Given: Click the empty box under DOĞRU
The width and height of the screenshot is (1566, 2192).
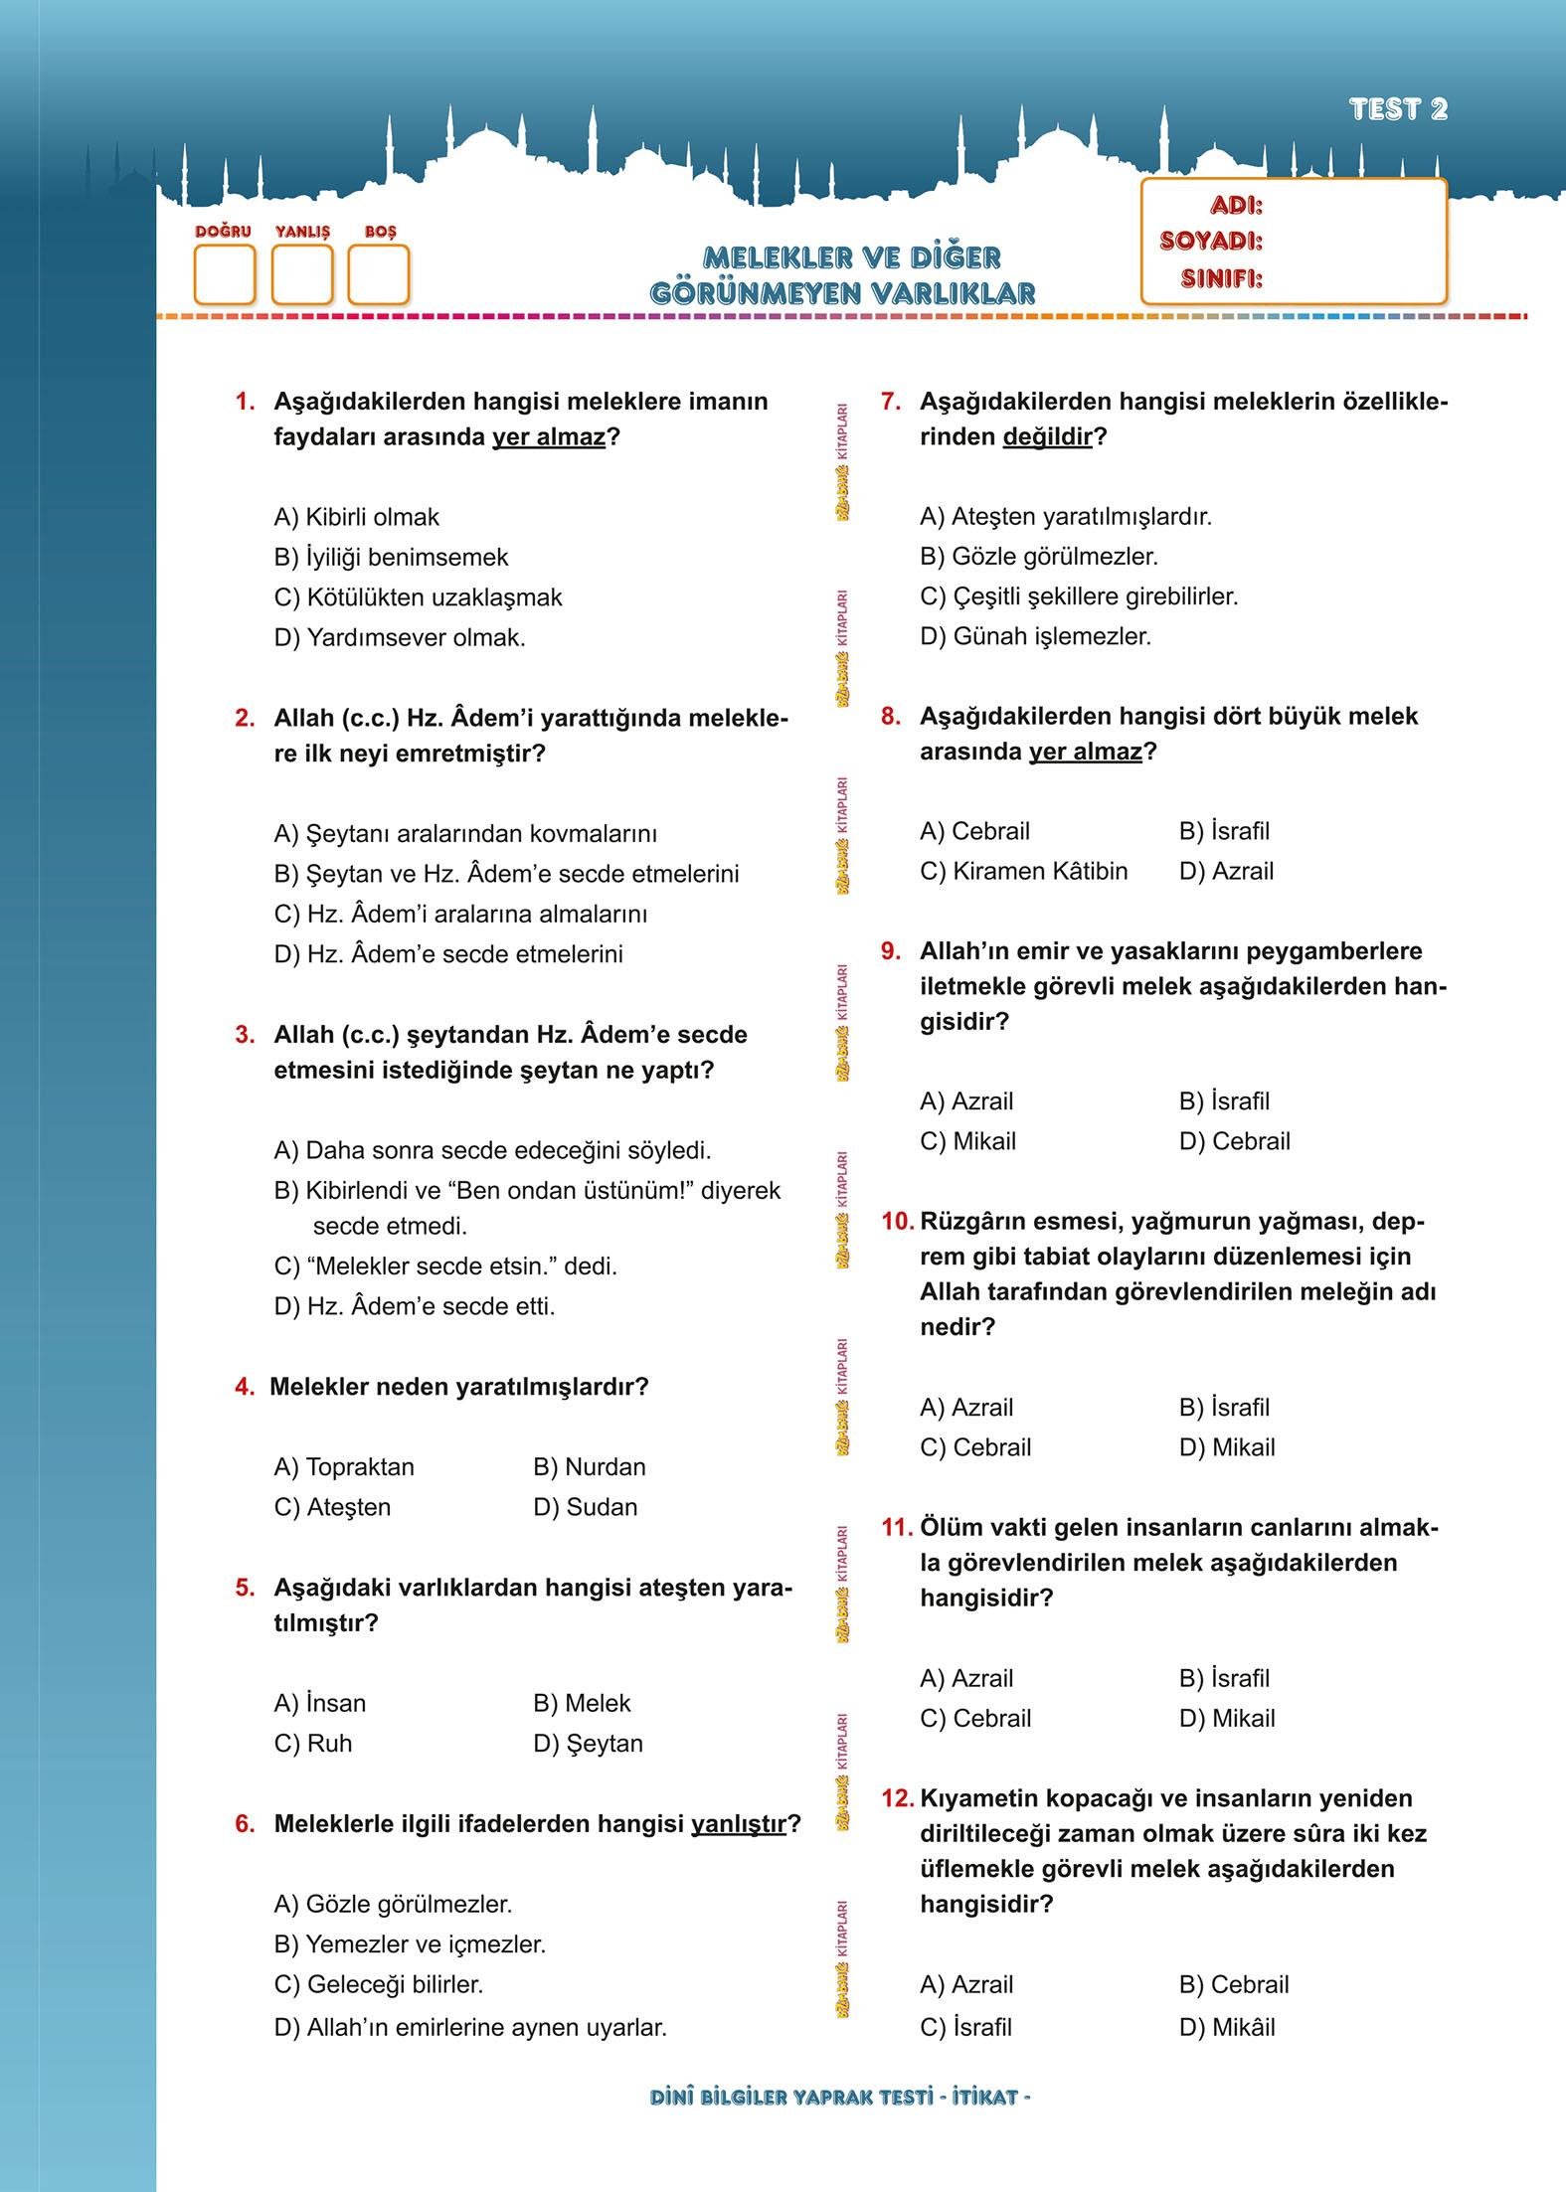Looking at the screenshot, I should [224, 274].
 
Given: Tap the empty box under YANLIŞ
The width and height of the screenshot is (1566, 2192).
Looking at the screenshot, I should [301, 274].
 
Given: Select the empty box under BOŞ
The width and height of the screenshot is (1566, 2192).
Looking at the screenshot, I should [378, 274].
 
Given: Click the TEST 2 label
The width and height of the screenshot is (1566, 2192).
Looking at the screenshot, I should [1397, 109].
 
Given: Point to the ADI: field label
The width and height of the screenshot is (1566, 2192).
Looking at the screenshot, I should [1236, 206].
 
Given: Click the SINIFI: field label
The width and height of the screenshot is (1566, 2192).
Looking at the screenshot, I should [1221, 278].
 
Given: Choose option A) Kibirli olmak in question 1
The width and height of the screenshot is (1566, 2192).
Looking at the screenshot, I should [356, 517].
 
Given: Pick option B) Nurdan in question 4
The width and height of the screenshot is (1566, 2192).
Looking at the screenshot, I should [589, 1466].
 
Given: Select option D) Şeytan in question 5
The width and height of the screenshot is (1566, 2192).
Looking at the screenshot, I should [588, 1743].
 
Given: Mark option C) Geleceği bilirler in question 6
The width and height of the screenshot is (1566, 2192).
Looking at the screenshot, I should [378, 1983].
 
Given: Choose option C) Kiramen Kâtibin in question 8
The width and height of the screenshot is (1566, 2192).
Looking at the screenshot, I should [1023, 871].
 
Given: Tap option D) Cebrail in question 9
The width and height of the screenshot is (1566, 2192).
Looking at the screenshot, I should [1234, 1140].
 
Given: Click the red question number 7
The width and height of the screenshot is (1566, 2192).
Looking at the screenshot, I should [891, 402].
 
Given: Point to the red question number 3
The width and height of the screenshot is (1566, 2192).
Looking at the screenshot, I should [245, 1035].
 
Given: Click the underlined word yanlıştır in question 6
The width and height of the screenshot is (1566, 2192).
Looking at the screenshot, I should [738, 1823].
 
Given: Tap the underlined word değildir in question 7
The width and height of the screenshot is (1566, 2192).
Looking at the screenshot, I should [1047, 436].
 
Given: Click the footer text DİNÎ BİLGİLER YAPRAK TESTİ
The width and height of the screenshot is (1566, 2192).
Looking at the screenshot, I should [791, 2097].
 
